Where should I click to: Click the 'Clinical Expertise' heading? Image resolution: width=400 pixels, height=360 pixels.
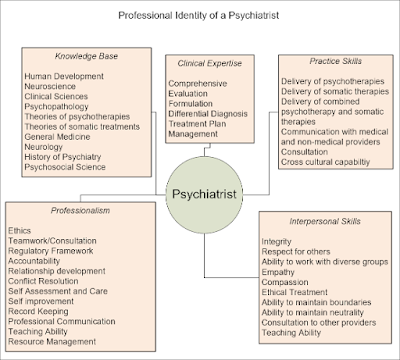[206, 63]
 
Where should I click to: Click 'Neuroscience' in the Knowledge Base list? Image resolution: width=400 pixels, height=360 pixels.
[52, 88]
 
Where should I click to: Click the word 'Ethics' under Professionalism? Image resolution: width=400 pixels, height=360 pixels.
[19, 229]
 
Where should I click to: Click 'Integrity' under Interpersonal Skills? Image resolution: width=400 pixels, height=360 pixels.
[276, 242]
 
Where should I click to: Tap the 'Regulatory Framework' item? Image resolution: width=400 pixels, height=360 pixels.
[55, 251]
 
